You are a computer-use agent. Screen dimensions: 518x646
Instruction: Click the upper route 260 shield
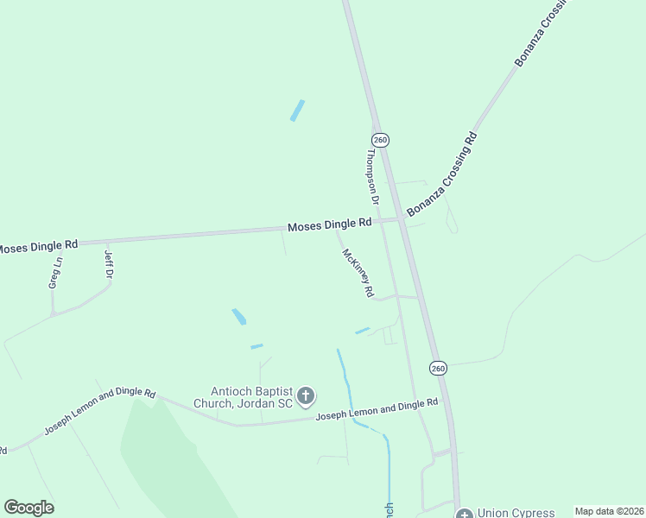pyautogui.click(x=381, y=139)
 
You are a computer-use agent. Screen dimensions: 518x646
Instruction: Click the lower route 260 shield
pyautogui.click(x=439, y=368)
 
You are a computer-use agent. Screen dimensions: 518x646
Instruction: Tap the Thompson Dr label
pyautogui.click(x=373, y=176)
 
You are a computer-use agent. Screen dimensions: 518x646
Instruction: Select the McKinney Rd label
pyautogui.click(x=358, y=274)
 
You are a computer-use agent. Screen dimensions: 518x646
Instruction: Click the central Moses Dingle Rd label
pyautogui.click(x=329, y=224)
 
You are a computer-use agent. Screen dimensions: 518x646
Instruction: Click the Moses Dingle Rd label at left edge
pyautogui.click(x=36, y=246)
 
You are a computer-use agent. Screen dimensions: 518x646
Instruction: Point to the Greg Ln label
pyautogui.click(x=55, y=273)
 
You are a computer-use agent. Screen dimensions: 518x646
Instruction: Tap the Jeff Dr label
pyautogui.click(x=109, y=264)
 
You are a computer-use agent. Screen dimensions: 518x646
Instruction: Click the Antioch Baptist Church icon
pyautogui.click(x=305, y=396)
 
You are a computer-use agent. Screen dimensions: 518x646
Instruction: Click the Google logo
pyautogui.click(x=28, y=508)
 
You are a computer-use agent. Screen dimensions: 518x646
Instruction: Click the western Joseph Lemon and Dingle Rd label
pyautogui.click(x=99, y=413)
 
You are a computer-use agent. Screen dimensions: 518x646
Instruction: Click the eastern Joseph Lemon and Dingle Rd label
pyautogui.click(x=377, y=409)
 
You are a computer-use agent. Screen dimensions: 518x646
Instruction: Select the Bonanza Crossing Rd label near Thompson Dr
pyautogui.click(x=442, y=174)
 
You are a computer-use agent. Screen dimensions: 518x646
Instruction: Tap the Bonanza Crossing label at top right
pyautogui.click(x=542, y=35)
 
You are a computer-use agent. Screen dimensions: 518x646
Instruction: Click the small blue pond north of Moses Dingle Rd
pyautogui.click(x=298, y=111)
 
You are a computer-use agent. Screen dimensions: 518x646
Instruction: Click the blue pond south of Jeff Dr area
pyautogui.click(x=238, y=317)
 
